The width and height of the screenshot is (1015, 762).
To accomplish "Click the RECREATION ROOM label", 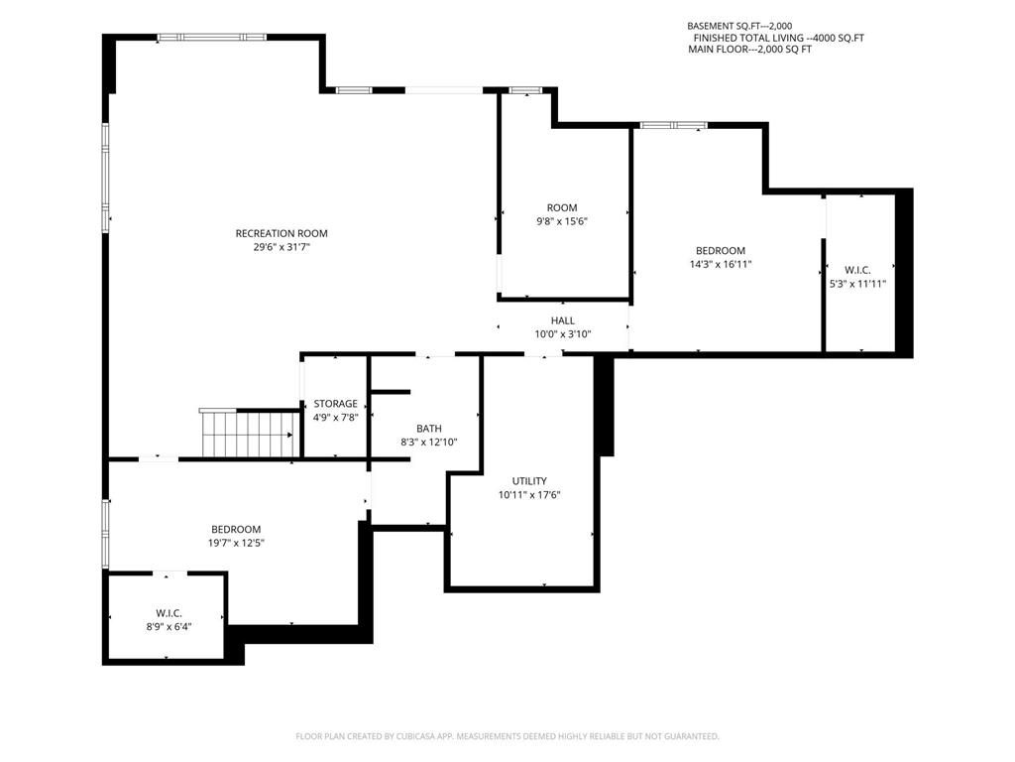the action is click(x=282, y=233).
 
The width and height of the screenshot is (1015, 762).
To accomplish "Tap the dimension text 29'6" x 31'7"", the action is click(x=282, y=247).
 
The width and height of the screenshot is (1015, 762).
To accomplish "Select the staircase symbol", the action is click(x=249, y=433).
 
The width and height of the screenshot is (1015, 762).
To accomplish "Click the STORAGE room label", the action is click(x=335, y=404).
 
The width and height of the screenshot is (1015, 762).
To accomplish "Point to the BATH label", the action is click(x=429, y=429).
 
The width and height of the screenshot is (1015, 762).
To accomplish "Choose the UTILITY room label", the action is click(x=529, y=481).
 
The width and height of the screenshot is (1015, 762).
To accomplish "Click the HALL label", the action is click(x=563, y=320).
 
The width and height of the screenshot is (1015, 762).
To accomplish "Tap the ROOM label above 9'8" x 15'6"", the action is click(x=562, y=207).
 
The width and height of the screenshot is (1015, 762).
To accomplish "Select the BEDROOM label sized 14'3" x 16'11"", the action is click(x=721, y=250).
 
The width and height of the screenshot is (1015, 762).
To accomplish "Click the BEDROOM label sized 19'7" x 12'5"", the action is click(x=236, y=530).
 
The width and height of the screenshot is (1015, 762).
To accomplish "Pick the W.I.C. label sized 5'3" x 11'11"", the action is click(x=857, y=270).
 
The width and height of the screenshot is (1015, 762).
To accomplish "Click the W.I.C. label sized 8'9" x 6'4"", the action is click(x=169, y=613).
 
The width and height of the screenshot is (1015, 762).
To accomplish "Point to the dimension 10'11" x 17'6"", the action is click(x=529, y=495).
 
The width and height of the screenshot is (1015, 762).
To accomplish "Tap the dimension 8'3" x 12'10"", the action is click(x=429, y=443).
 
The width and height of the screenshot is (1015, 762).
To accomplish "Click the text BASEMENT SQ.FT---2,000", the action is click(x=739, y=26).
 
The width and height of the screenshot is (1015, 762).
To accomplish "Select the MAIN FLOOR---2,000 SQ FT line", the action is click(x=749, y=50).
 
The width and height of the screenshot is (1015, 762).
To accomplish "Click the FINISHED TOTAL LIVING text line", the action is click(x=779, y=38).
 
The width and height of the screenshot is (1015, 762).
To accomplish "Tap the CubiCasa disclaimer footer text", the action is click(x=507, y=736).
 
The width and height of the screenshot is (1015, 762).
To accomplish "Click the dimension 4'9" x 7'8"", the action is click(x=335, y=418).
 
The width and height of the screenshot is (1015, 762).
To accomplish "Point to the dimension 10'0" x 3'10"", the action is click(x=563, y=334).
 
